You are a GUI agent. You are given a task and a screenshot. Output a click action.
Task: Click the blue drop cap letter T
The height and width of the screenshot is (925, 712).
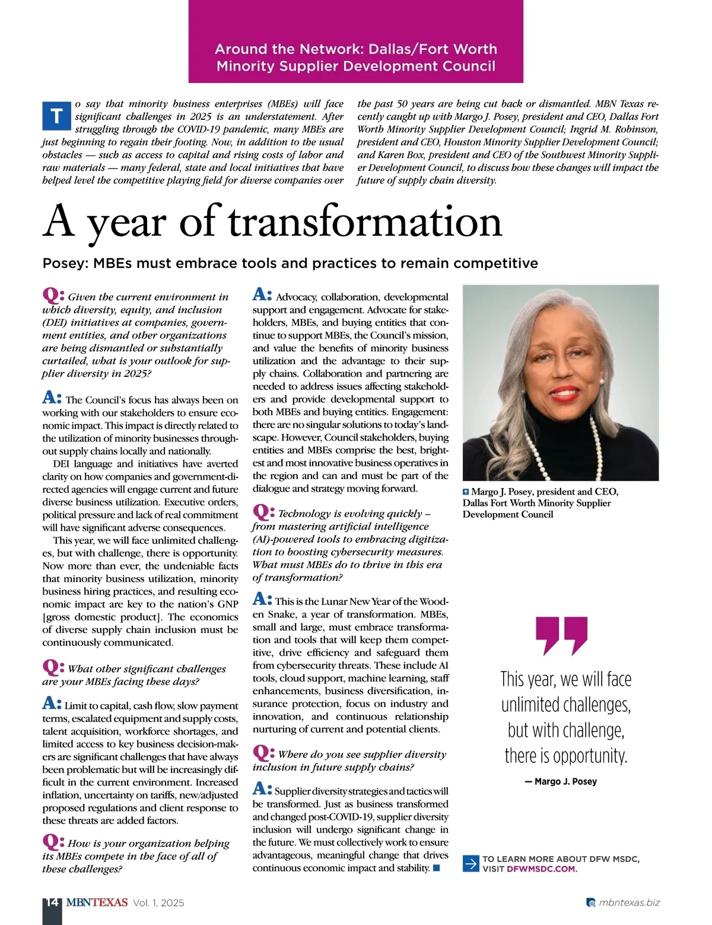click(56, 116)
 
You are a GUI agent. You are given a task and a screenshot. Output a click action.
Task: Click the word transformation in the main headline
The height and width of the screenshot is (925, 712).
click(365, 221)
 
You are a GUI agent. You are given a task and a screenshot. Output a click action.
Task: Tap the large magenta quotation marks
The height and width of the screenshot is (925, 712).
click(561, 635)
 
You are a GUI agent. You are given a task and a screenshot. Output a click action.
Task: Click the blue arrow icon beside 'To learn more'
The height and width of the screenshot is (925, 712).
click(471, 863)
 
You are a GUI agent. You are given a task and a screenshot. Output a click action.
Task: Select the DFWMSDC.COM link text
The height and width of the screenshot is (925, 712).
click(542, 869)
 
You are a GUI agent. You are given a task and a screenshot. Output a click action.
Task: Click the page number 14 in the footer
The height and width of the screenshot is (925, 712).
click(52, 902)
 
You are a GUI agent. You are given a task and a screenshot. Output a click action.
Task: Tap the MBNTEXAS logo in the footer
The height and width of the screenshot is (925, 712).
click(97, 902)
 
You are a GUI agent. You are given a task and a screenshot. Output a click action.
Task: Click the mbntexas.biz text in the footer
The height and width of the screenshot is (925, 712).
click(629, 902)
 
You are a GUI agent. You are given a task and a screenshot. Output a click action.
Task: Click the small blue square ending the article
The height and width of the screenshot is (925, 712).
click(437, 868)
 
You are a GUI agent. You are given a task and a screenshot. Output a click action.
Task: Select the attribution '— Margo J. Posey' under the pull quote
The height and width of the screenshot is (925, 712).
click(561, 781)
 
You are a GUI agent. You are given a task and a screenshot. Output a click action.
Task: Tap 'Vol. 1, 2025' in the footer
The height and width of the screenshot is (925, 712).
click(158, 902)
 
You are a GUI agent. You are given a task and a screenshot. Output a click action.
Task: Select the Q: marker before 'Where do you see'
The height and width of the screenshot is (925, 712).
click(263, 752)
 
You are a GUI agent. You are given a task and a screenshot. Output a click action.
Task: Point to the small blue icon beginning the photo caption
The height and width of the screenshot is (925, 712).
click(466, 492)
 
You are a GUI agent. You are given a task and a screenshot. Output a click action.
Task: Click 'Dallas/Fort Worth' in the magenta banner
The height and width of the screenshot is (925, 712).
click(433, 49)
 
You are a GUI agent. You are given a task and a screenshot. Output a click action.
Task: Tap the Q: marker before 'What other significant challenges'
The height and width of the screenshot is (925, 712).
click(53, 667)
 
